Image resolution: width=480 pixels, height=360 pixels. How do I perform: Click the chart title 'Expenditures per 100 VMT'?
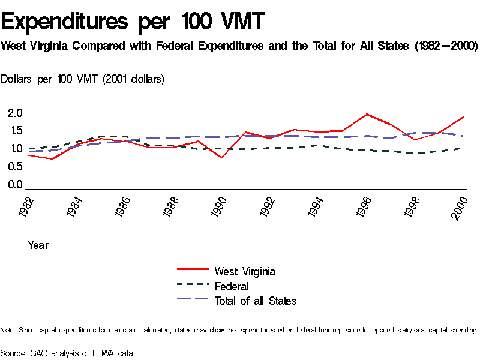pos(133,22)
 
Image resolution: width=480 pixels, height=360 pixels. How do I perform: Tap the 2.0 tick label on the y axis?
pos(15,113)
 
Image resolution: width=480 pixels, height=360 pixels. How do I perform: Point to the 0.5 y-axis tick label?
pos(15,166)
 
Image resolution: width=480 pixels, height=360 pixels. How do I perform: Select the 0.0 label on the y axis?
pos(15,184)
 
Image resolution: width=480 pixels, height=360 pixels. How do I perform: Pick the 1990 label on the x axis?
pos(222,208)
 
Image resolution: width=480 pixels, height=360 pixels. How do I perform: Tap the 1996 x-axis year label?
pos(367,208)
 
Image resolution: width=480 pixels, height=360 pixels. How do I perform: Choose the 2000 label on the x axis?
pos(461,208)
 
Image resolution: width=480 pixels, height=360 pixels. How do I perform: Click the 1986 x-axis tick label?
pos(124,208)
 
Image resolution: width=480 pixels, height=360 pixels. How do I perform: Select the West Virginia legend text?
pos(245,271)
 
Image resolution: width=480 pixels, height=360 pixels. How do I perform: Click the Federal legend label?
pos(232,286)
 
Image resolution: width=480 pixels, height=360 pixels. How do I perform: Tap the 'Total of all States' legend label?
pos(256,301)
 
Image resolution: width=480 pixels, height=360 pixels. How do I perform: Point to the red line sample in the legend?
pos(193,271)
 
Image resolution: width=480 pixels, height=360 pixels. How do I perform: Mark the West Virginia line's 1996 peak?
pos(367,114)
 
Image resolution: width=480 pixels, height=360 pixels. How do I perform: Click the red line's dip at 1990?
pos(221,158)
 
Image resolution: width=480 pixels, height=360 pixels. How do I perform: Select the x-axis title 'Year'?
pos(38,245)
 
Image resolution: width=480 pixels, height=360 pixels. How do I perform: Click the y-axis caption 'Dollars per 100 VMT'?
pos(82,79)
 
